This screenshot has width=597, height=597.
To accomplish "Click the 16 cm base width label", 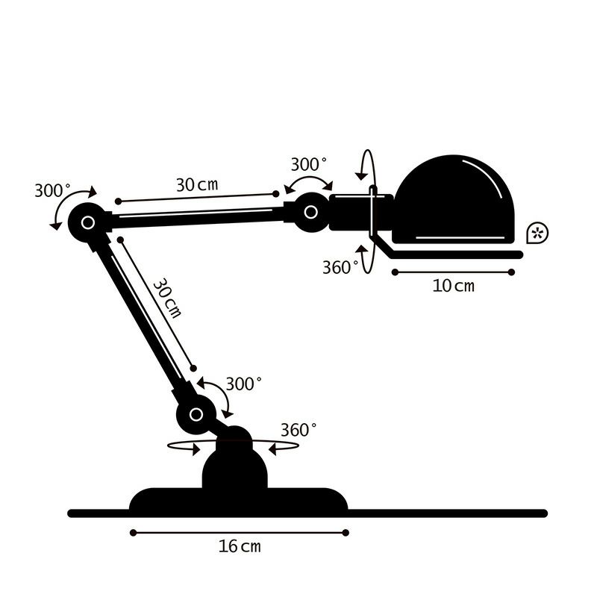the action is (240, 546).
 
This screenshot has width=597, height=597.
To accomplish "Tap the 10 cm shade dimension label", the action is (453, 286).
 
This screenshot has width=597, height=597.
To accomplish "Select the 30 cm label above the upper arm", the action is (197, 184).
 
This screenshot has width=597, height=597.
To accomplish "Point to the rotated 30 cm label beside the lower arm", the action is (167, 298).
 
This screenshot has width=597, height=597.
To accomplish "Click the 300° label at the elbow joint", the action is (52, 190).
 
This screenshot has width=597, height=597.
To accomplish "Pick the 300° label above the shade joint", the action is (308, 164).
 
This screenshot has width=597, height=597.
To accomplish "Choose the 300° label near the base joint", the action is (244, 384).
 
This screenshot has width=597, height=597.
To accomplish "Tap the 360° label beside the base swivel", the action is (298, 430).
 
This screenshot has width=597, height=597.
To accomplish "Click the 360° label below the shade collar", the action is (340, 267).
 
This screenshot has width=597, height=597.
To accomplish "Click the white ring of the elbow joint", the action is (88, 222).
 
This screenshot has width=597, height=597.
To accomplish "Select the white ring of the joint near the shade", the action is (310, 212).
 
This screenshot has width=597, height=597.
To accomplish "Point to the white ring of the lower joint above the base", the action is (196, 414).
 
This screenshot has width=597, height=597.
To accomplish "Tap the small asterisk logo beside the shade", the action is (537, 233).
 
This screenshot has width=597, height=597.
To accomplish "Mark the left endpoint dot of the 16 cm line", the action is (133, 533).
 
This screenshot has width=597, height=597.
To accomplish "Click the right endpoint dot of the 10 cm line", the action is (511, 272).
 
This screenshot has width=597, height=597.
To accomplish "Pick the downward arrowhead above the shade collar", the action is (362, 175).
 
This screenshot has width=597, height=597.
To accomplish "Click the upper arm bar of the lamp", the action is (198, 217).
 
